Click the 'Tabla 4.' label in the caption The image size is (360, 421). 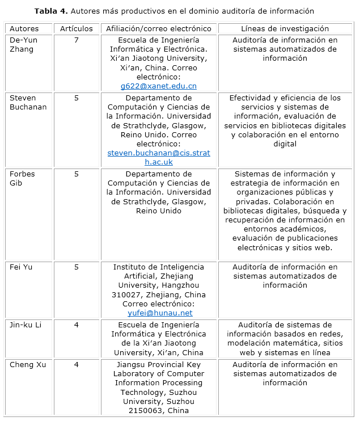tap(52, 11)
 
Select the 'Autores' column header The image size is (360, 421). tap(24, 28)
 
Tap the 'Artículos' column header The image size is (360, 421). tap(76, 28)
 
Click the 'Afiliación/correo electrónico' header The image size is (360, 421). tap(158, 28)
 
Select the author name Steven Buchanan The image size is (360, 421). tap(28, 102)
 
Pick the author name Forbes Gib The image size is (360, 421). tap(23, 178)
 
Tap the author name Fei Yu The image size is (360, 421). tap(21, 267)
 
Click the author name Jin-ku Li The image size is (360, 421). tap(26, 325)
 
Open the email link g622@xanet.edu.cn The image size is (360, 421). tap(158, 86)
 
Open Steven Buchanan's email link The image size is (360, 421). tap(158, 157)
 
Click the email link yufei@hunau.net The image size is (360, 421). tap(160, 313)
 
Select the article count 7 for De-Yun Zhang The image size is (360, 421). tap(76, 40)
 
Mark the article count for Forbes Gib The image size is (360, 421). tap(76, 174)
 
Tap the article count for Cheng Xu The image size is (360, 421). tap(76, 364)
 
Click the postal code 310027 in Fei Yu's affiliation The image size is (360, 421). tap(126, 294)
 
